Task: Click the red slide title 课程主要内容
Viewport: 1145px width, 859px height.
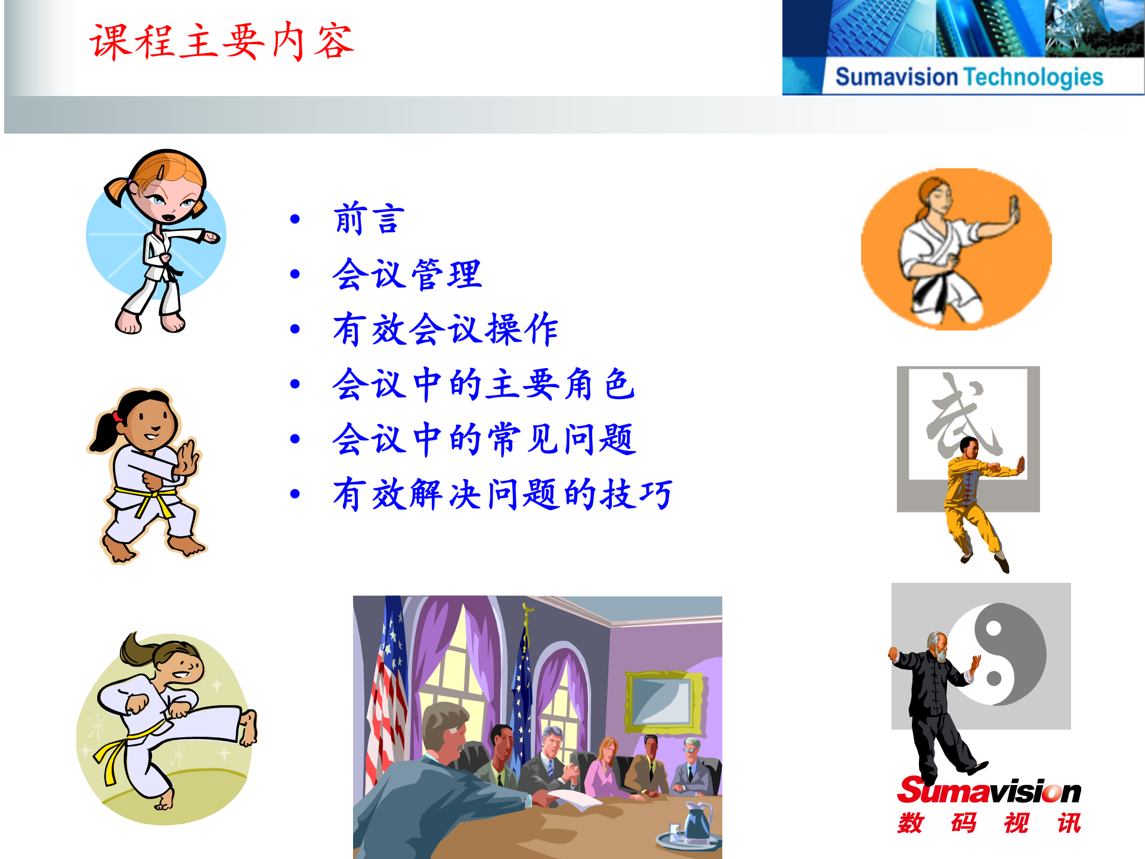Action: tap(222, 42)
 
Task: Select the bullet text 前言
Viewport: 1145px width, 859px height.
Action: tap(369, 218)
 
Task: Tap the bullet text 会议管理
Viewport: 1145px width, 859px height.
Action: tap(407, 274)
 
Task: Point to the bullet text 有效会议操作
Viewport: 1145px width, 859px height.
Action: tap(445, 329)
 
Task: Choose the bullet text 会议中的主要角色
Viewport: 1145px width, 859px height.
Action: tap(483, 384)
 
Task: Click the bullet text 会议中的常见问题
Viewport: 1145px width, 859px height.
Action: tap(484, 439)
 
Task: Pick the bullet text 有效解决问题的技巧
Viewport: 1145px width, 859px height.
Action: tap(502, 494)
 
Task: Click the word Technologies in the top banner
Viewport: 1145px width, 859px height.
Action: tap(1033, 78)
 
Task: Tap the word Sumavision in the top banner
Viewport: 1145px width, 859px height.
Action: tap(896, 78)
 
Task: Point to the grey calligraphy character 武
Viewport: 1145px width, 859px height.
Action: tap(961, 418)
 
